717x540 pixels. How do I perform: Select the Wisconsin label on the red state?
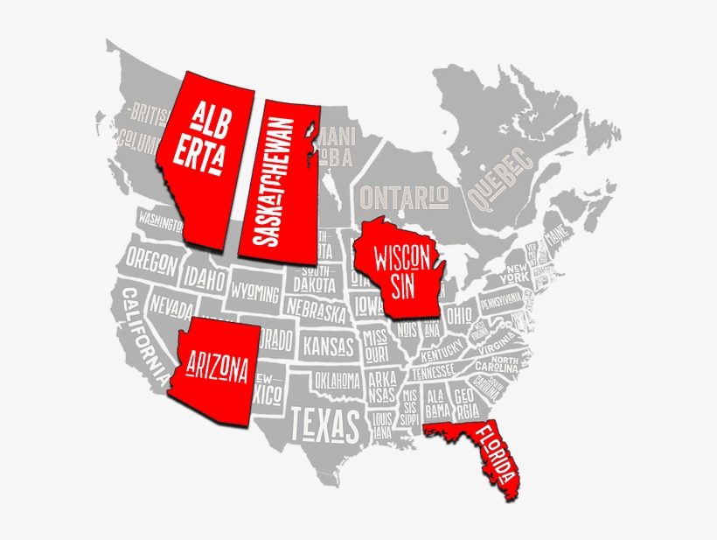[401, 271]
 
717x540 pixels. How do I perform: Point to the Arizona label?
[213, 368]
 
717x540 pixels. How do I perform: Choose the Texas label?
[324, 425]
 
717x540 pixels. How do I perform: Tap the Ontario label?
[404, 194]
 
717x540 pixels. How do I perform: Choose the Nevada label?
[171, 307]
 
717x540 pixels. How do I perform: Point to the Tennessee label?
[433, 372]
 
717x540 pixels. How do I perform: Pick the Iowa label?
[368, 304]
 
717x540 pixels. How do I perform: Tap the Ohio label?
[458, 313]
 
